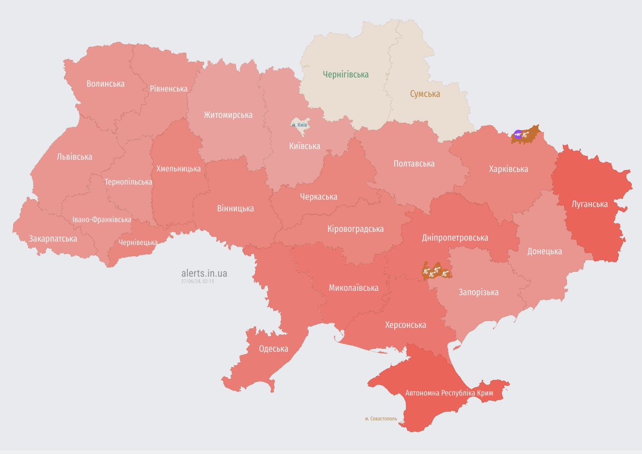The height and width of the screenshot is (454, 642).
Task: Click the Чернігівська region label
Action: coord(346,75)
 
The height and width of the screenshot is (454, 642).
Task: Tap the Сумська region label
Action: coord(424,94)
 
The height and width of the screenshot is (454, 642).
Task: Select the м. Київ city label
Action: coord(299,125)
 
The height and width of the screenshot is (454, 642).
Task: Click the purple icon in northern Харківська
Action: coord(518,134)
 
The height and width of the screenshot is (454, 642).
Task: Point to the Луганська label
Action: coord(589,204)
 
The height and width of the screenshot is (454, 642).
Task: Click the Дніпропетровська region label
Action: coord(455,238)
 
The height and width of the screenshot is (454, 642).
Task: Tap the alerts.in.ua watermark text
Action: coord(204,273)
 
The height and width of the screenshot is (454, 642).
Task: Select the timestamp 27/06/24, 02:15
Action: coord(198,282)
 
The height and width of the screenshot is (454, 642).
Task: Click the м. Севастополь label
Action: coord(381,418)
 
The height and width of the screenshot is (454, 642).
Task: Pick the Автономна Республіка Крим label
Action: coord(449,393)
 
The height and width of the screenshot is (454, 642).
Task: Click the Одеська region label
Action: coord(273,349)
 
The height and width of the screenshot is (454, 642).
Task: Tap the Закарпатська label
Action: coord(53,239)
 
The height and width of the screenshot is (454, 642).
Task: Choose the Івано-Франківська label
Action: coord(102,220)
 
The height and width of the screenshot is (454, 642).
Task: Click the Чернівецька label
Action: coord(138,242)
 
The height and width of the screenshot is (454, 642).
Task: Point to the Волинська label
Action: coord(105,84)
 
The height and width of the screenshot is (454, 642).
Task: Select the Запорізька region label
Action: coord(478,292)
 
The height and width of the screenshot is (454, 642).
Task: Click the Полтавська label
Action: coord(414,164)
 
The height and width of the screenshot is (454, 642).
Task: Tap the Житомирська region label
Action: coord(228,115)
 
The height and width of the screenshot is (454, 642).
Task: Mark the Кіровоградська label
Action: coord(355,229)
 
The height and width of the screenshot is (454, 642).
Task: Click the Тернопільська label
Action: coord(128,182)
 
